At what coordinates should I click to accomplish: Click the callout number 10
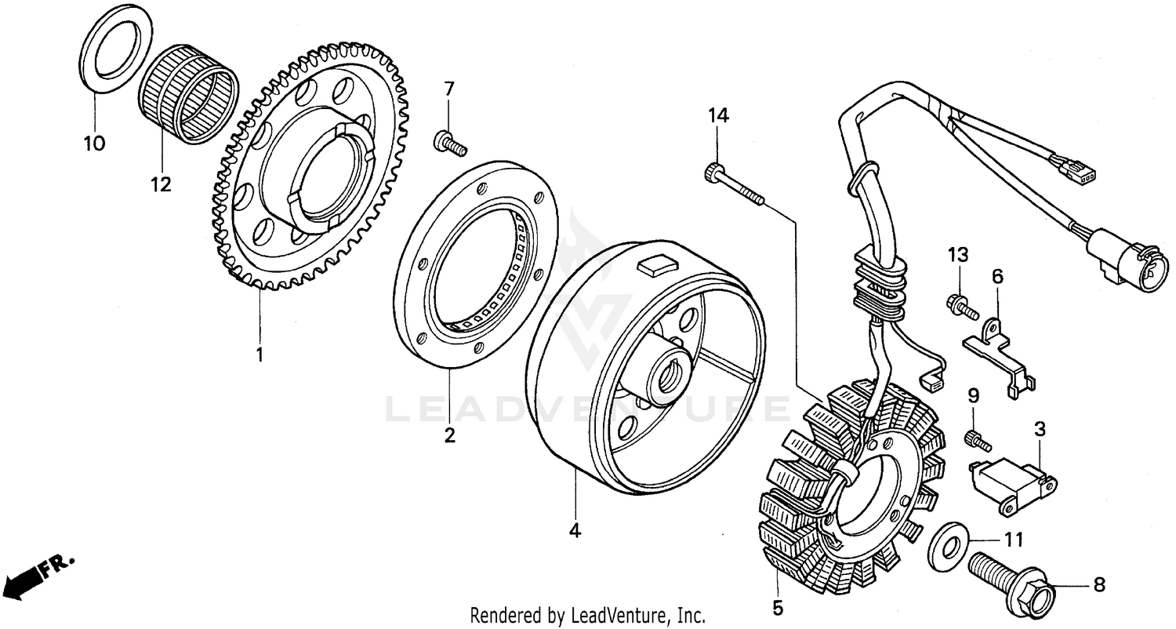(94, 144)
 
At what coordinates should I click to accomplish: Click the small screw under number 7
(449, 143)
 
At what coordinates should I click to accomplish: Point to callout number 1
(259, 354)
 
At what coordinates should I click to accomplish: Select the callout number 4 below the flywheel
(575, 531)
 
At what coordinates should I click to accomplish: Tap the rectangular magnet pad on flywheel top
(657, 266)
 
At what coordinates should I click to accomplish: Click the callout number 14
(718, 116)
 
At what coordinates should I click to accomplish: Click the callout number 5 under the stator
(777, 607)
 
